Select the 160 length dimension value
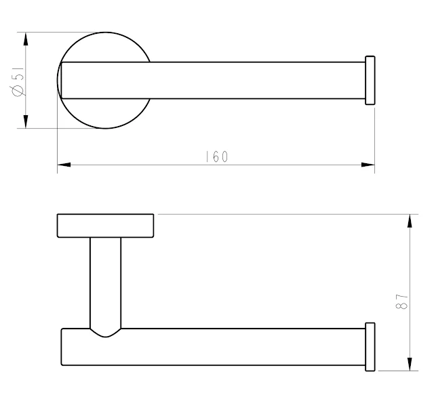(x=216, y=156)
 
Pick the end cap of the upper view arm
(x=370, y=80)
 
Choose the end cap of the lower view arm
(x=370, y=347)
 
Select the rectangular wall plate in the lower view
(x=105, y=226)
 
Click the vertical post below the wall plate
(x=105, y=281)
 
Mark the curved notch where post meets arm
(x=105, y=333)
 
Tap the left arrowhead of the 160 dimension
(x=64, y=164)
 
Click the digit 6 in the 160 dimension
(x=216, y=156)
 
